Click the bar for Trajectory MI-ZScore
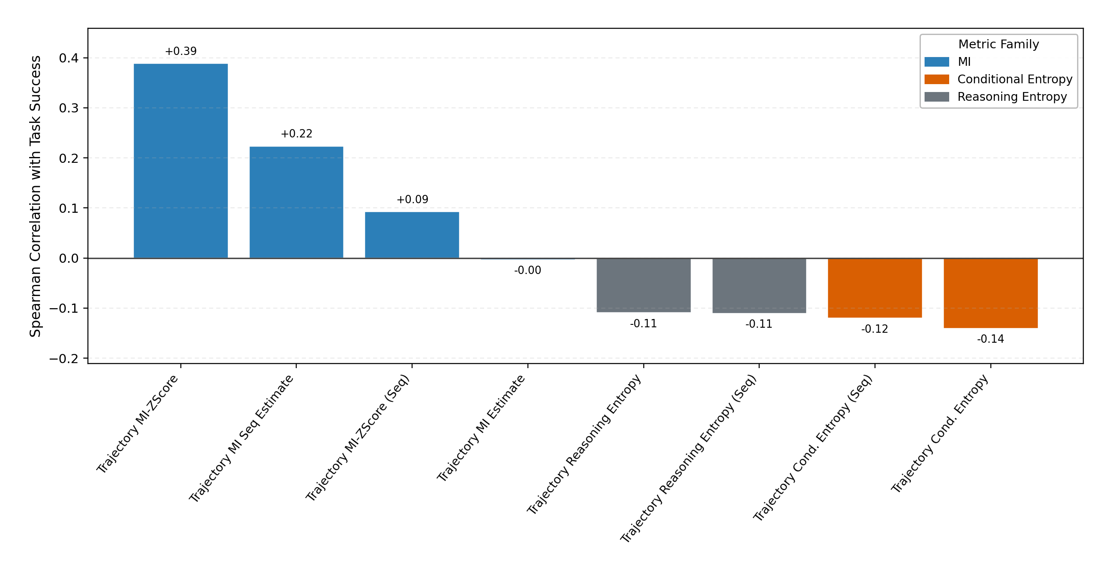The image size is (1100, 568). tap(181, 161)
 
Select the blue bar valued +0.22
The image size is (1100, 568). tap(296, 202)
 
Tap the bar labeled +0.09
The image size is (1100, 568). tap(412, 235)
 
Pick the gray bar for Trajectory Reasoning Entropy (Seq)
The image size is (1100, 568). tap(759, 286)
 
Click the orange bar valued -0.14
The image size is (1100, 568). tap(991, 293)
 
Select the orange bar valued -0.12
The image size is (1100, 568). tap(875, 288)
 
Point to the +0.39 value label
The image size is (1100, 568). tap(181, 51)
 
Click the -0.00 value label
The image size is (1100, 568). tap(527, 270)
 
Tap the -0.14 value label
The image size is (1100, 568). tap(990, 339)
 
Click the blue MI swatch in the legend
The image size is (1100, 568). tap(936, 62)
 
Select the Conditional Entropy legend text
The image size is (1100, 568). tap(1015, 80)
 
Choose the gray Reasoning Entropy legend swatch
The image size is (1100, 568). tap(936, 97)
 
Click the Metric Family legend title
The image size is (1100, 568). tap(998, 44)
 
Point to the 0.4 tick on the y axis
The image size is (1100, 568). tap(69, 58)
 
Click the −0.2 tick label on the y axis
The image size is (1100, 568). tap(64, 359)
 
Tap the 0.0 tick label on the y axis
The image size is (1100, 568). tap(69, 258)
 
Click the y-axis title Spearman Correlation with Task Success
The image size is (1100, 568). tap(35, 196)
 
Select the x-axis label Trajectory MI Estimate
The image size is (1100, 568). tap(481, 428)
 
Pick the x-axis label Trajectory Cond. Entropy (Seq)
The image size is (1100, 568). tap(812, 447)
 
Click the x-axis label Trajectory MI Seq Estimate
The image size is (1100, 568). tap(241, 438)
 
